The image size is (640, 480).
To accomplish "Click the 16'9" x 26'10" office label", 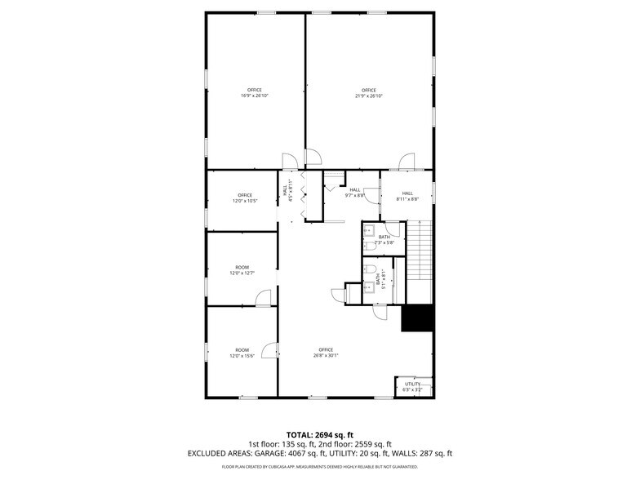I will pos(255,92).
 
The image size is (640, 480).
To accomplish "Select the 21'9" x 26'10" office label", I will pos(368,92).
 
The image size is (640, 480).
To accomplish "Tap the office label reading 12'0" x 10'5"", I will pos(244,198).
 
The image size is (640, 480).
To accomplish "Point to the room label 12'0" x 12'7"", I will pos(242,270).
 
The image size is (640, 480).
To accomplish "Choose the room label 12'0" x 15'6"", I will pos(242,353).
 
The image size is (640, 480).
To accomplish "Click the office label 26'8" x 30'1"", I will pos(327,353).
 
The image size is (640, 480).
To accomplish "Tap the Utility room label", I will pos(412,386).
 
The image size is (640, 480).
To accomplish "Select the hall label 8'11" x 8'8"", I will pos(407,196).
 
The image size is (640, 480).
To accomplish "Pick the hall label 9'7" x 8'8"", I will pos(354,193).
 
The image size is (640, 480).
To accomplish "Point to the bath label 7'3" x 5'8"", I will pos(384,240).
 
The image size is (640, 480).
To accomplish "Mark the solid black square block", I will pos(416,318).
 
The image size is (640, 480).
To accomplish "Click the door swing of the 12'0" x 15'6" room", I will pos(273,351).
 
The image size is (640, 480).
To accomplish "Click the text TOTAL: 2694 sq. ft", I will pos(320,433).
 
